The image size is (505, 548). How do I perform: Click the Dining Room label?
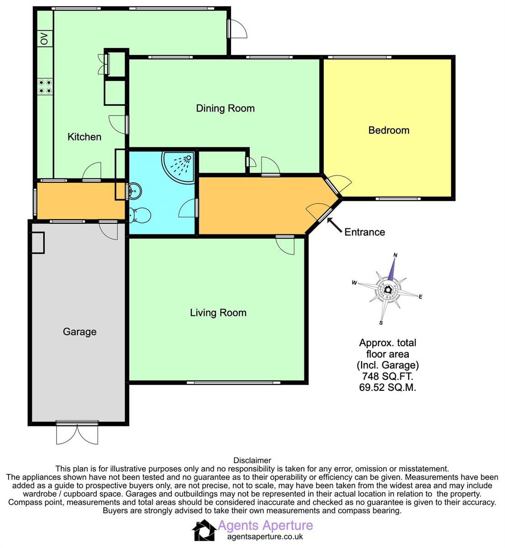[x=225, y=108]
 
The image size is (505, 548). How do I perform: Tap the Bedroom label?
[x=389, y=130]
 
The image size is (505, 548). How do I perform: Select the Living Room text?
[x=218, y=312]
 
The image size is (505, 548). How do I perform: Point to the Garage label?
[x=79, y=332]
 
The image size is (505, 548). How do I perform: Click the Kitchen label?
[x=84, y=137]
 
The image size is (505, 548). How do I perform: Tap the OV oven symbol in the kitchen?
[x=45, y=38]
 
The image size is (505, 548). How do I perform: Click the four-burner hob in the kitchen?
[x=45, y=86]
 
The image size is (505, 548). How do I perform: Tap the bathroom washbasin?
[x=135, y=190]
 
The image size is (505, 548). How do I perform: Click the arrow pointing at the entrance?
[x=334, y=225]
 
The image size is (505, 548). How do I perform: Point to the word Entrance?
[x=364, y=232]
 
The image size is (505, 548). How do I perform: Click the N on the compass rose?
[x=395, y=255]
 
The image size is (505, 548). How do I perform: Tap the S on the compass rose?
[x=381, y=323]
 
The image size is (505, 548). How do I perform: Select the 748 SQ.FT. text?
[x=387, y=376]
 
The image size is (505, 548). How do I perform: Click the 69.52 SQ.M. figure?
[x=387, y=387]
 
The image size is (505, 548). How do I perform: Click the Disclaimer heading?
[x=252, y=460]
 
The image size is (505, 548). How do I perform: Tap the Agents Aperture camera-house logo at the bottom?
[x=204, y=530]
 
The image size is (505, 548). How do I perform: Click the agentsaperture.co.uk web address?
[x=265, y=537]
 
